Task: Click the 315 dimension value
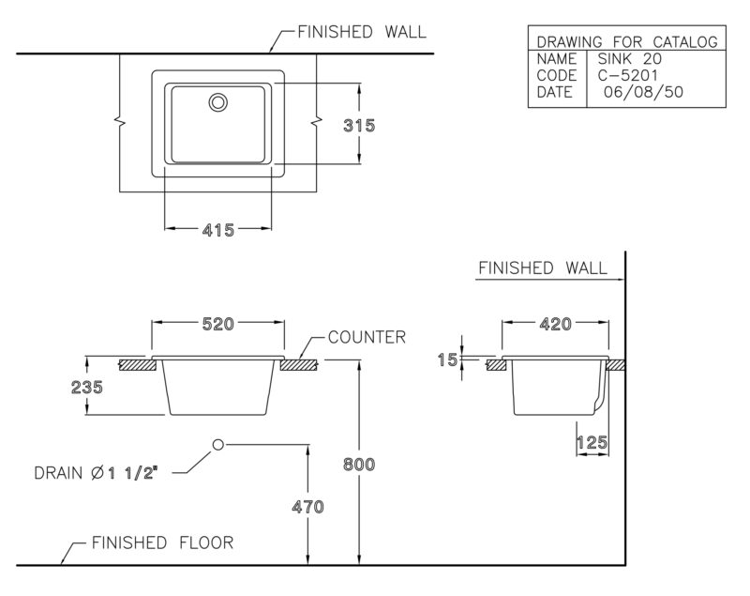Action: click(359, 126)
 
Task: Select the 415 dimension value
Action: click(218, 230)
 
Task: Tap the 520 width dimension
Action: click(218, 324)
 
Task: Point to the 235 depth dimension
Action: click(86, 387)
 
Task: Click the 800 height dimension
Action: click(359, 464)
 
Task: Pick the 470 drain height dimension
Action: click(308, 507)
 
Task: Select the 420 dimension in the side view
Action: click(556, 324)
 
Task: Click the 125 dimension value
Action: click(592, 442)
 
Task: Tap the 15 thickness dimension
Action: click(448, 359)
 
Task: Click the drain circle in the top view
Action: click(218, 94)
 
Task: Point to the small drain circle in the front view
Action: click(218, 440)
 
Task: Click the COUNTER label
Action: click(367, 337)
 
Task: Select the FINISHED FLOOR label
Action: click(162, 543)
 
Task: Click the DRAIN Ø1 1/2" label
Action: click(96, 473)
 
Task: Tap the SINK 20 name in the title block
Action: click(630, 59)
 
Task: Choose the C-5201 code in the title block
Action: click(628, 75)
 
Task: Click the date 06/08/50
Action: click(643, 91)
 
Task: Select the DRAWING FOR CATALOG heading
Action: click(627, 42)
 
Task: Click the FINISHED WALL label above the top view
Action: click(362, 32)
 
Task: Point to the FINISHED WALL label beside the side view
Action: click(543, 268)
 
